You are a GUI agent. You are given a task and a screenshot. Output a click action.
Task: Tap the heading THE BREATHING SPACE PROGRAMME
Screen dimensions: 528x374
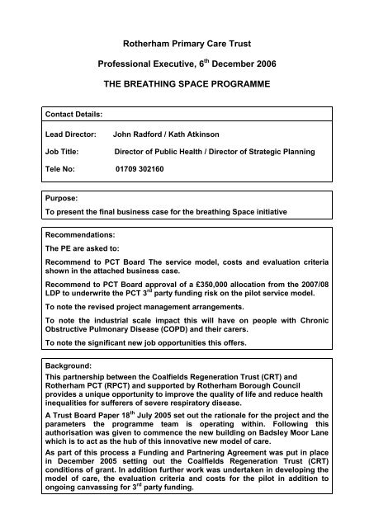186,85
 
